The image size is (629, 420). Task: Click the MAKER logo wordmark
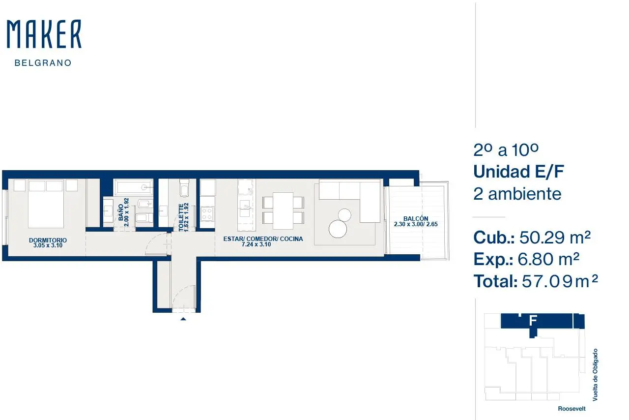coord(44,34)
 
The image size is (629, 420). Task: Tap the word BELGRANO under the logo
coord(43,63)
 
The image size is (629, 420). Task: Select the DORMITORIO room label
coord(48,240)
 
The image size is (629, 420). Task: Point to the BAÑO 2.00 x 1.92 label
coord(123,212)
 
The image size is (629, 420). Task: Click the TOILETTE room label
coord(181,217)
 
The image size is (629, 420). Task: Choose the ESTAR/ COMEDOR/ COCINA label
coord(263,239)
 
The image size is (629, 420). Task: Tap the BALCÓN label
coord(416,218)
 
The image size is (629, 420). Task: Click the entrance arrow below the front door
coord(183,319)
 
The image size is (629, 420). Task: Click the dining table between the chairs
coord(283,210)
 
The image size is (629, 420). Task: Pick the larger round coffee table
coord(338,229)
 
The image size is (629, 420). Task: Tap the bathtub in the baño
coord(133,187)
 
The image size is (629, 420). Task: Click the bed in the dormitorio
coord(46,204)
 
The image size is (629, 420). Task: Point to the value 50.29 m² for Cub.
coord(555,238)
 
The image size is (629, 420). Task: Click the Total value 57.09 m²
coord(560,281)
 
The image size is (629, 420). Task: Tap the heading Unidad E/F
coord(519,172)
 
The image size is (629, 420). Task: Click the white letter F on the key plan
coord(533,321)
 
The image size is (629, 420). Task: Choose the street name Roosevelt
coord(572,409)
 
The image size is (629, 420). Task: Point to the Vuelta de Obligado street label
coord(595,375)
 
